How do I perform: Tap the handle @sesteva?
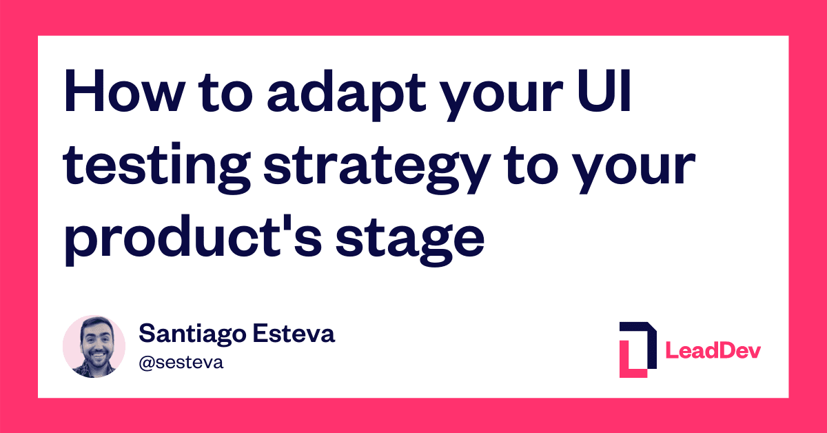click(x=181, y=363)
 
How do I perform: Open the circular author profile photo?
click(x=94, y=347)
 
